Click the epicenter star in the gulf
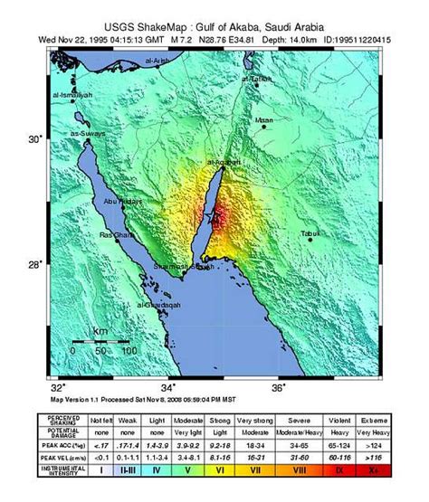coord(215,218)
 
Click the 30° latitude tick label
coord(35,139)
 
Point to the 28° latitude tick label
coord(35,264)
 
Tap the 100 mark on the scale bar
coord(129,350)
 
